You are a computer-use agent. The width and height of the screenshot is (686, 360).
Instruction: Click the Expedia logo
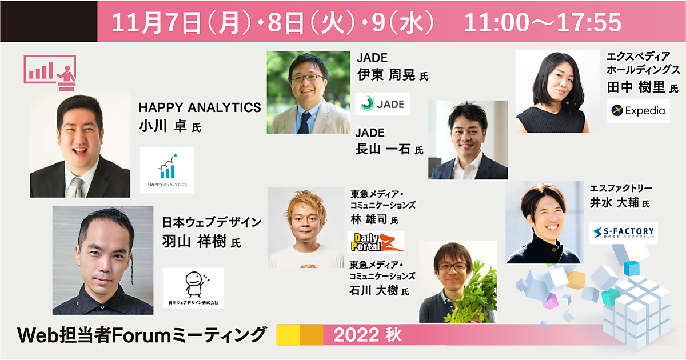[638, 110]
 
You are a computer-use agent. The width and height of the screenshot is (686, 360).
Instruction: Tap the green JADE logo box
[382, 104]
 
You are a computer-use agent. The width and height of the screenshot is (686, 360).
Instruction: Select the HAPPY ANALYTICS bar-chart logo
[167, 170]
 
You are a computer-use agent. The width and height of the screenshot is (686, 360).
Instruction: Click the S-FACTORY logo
[623, 233]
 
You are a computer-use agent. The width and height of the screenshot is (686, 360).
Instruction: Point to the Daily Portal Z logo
[376, 242]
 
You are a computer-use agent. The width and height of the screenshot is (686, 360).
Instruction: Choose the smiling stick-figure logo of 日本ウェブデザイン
[194, 288]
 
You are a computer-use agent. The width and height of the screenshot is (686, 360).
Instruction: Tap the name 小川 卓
[162, 126]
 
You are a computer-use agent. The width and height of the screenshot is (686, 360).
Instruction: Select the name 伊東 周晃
[386, 75]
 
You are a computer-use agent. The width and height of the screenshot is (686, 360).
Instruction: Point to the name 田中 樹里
[636, 87]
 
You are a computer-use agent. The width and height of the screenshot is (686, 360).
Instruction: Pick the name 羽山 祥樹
[194, 241]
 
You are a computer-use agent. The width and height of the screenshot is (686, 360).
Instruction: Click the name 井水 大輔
[615, 203]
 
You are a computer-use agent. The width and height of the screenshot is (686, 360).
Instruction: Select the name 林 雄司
[369, 219]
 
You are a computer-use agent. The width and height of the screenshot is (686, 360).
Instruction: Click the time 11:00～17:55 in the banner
[543, 22]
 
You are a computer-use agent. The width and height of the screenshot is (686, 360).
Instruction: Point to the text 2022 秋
[368, 335]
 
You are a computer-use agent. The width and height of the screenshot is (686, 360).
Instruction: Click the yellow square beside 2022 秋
[288, 335]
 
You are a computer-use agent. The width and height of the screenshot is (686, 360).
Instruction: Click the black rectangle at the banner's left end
[49, 21]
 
